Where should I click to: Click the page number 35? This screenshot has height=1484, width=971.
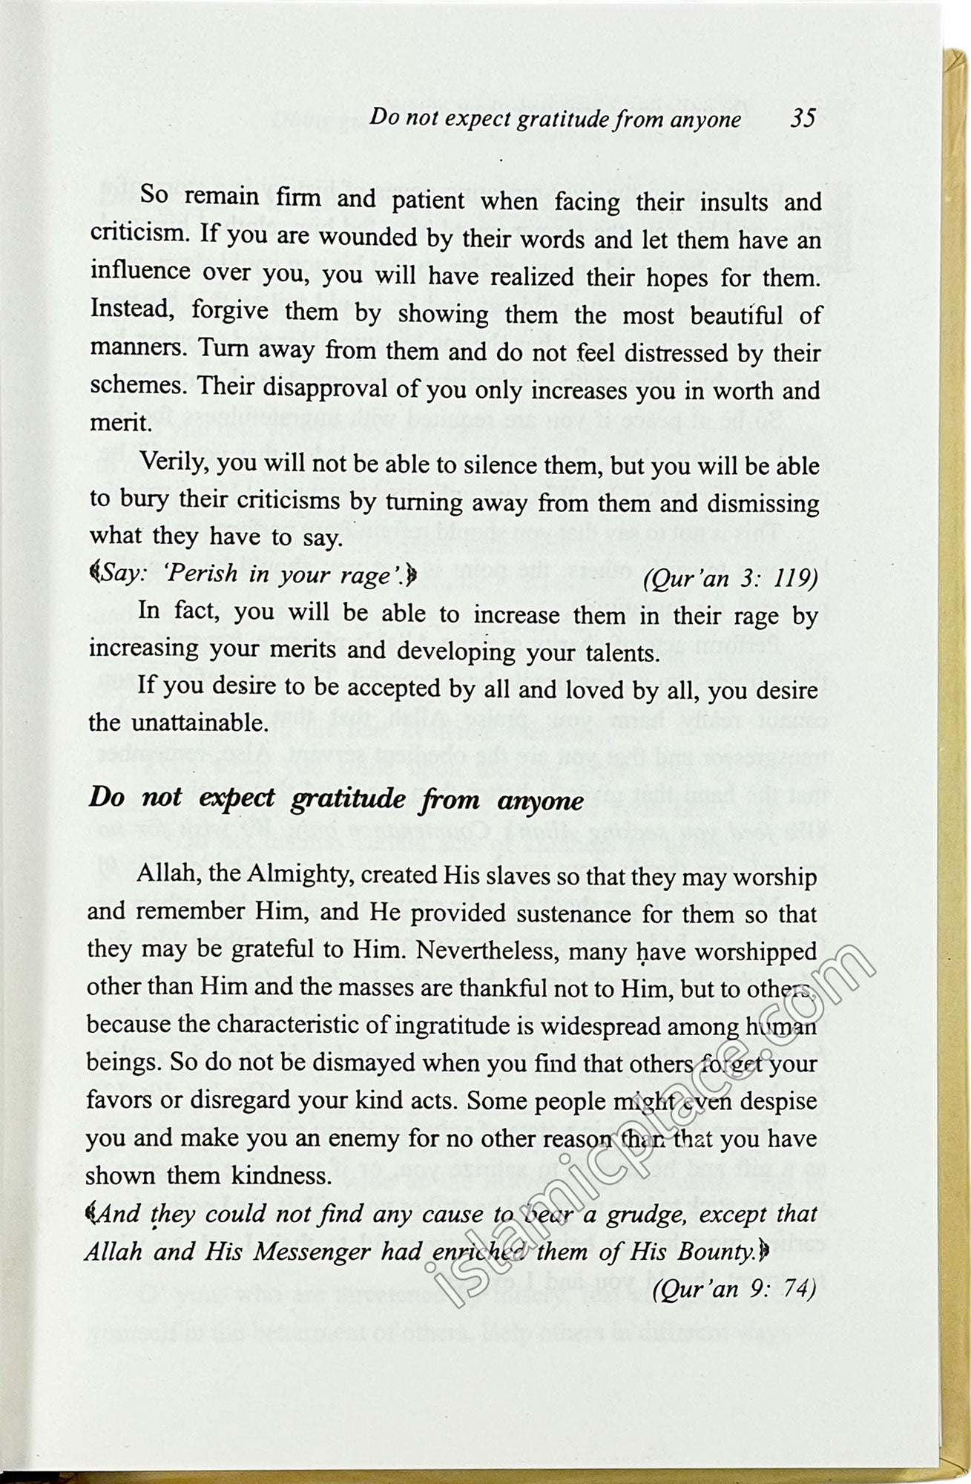tap(803, 119)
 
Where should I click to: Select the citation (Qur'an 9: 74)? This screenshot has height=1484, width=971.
tap(734, 1289)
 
